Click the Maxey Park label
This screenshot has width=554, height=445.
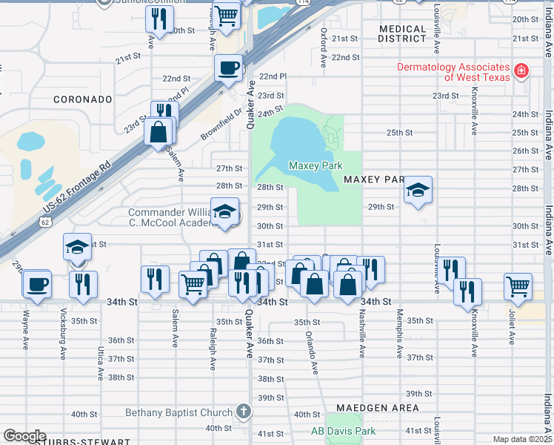coord(316,165)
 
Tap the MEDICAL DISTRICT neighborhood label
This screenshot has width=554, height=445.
coord(402,35)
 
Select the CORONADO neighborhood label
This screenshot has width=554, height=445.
coord(83,99)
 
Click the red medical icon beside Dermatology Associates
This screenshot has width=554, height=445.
coord(521,71)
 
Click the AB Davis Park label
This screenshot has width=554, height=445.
coord(343,431)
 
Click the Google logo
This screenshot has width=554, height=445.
coord(24,436)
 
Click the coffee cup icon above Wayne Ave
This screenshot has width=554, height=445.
coord(36,284)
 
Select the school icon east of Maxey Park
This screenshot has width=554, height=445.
coord(418,191)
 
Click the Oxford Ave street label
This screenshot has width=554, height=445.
coord(324,46)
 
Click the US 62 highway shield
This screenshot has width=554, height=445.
coord(46,222)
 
